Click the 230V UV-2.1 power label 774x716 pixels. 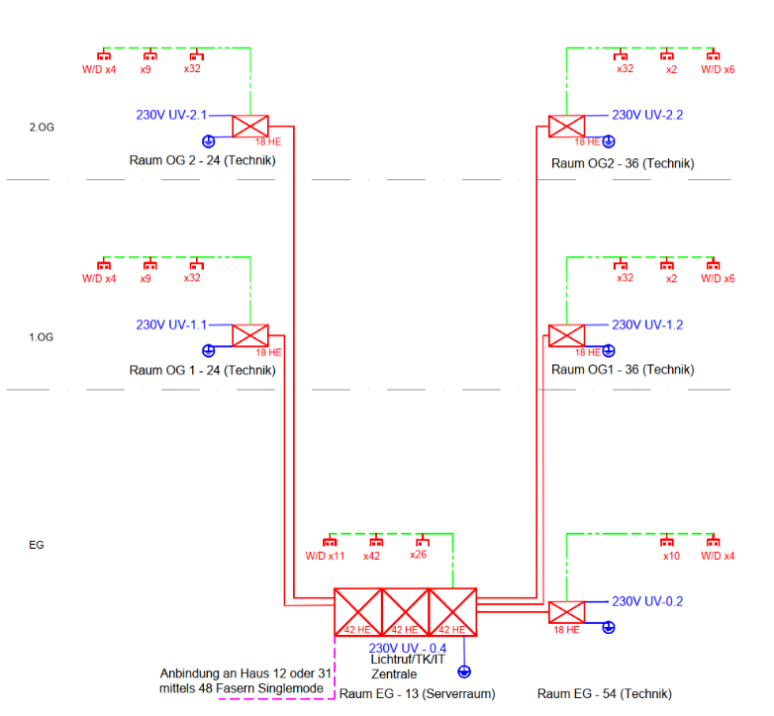(171, 115)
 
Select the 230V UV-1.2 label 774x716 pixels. (647, 325)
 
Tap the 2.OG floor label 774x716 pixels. (42, 128)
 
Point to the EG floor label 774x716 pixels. (37, 545)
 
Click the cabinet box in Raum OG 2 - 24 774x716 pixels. (250, 127)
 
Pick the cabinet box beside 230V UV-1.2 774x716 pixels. (567, 336)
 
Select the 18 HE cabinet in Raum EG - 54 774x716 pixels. (567, 612)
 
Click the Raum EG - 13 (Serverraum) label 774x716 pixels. (417, 694)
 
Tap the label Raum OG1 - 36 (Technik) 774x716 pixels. (623, 369)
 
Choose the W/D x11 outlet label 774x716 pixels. (325, 556)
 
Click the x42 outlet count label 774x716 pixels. (372, 556)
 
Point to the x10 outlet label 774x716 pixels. (671, 556)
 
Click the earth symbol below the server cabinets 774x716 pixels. (464, 671)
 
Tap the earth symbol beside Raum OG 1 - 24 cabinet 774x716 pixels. (208, 351)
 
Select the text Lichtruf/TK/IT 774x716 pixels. (408, 660)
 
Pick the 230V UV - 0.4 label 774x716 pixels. (407, 648)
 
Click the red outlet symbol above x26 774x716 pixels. (423, 540)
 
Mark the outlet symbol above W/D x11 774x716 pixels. (330, 540)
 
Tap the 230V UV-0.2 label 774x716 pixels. (647, 601)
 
